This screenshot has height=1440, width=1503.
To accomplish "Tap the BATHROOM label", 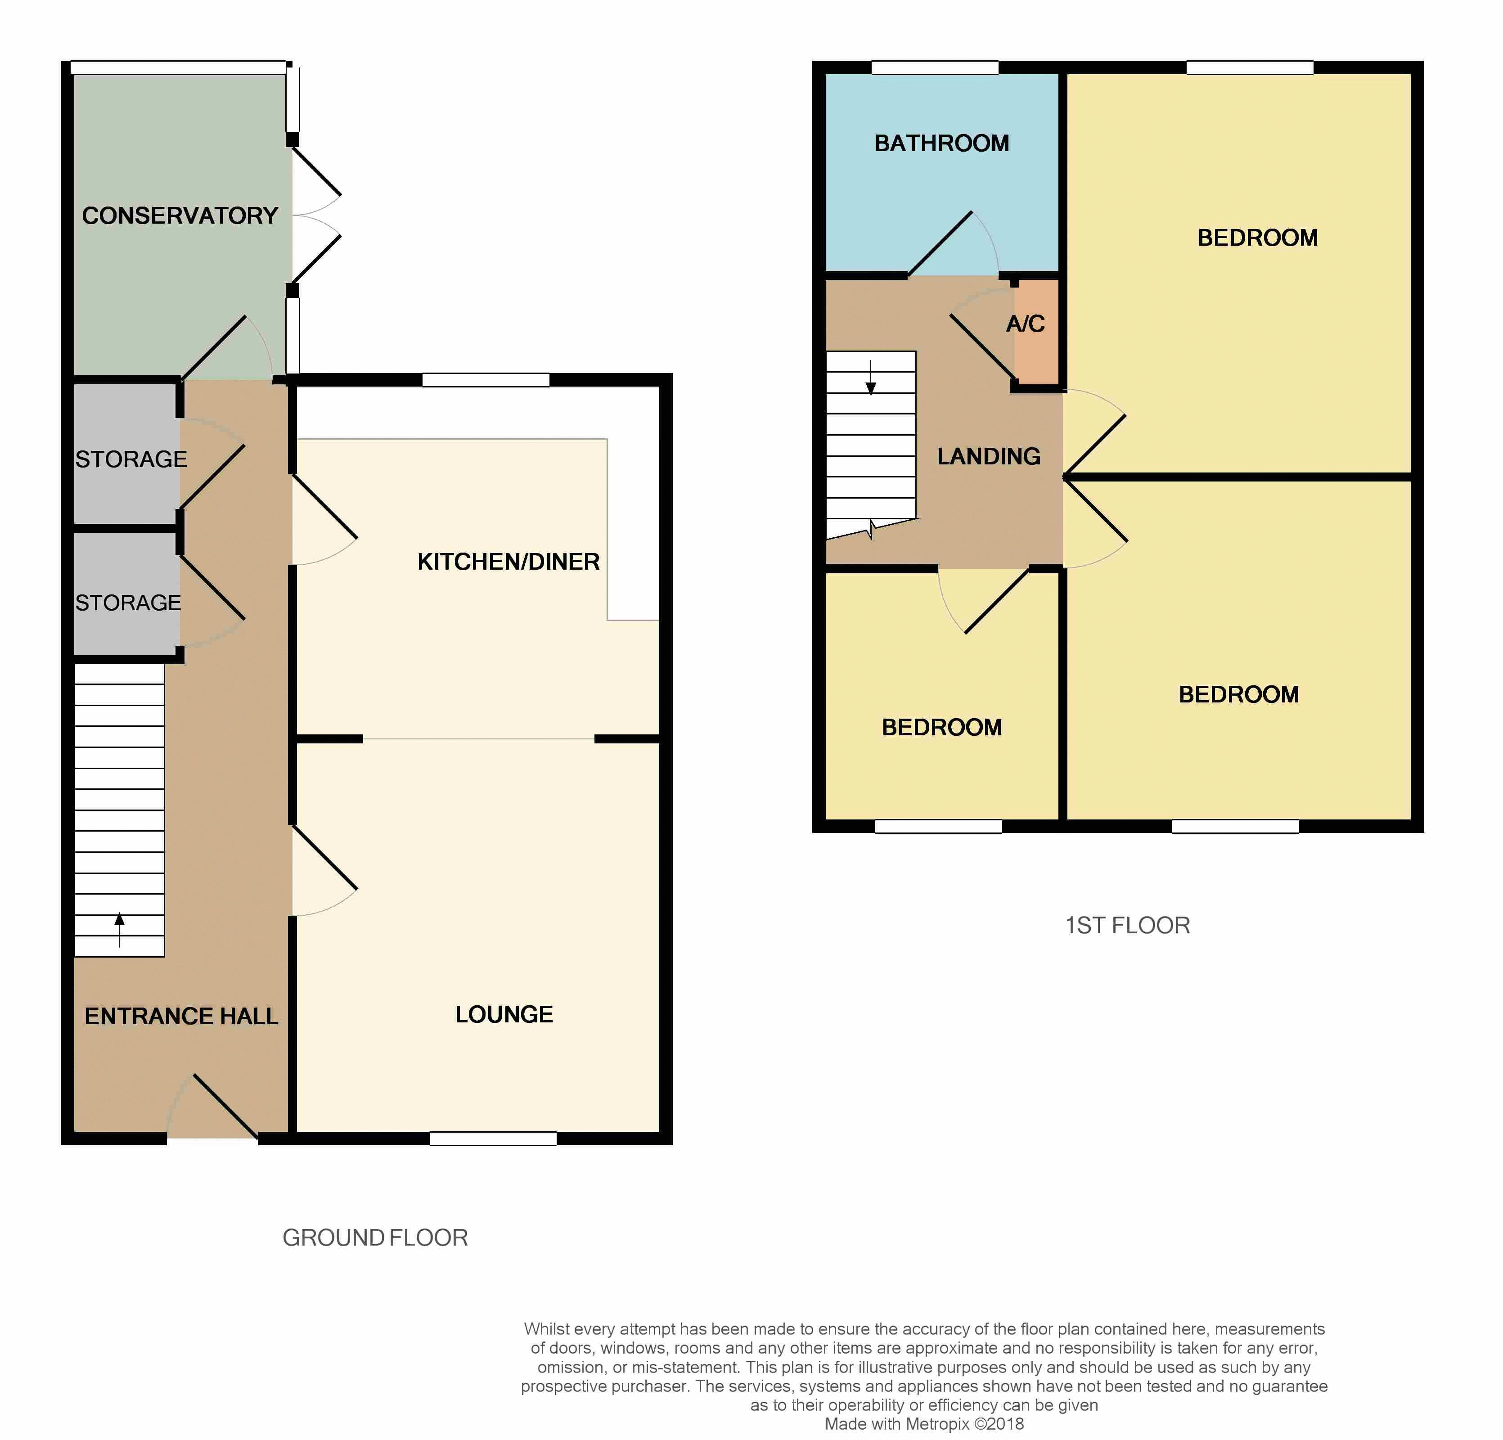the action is click(942, 144).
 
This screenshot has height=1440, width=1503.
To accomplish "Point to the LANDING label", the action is click(989, 456).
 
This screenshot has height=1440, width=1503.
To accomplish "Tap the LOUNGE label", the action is click(504, 1014).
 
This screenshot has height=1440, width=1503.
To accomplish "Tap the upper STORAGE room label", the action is click(131, 459).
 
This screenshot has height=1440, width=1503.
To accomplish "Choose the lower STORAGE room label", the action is click(128, 603).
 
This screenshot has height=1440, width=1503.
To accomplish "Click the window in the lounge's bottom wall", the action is click(493, 1138).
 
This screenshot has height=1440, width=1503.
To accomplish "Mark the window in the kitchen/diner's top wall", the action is click(486, 379).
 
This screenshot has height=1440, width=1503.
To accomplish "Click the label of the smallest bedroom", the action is click(942, 727).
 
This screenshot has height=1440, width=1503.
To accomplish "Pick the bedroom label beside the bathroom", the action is click(1258, 238).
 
